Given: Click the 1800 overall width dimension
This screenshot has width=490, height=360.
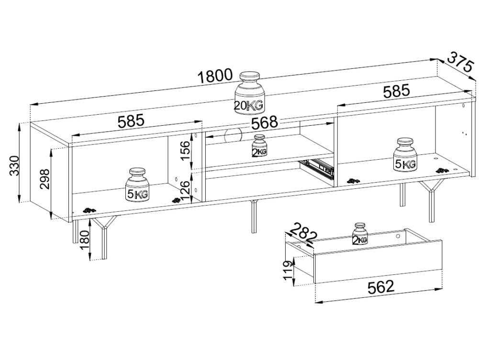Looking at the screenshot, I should point(216,76).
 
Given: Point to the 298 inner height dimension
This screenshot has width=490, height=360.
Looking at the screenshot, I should point(44,180).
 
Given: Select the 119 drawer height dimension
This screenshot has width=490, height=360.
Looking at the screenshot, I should point(288,271).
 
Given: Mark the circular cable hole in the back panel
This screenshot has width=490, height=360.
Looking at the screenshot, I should point(233,135).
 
